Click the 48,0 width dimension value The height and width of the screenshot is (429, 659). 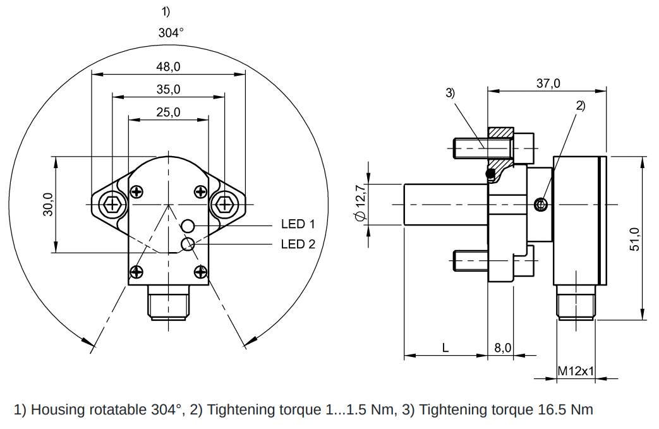click(x=169, y=66)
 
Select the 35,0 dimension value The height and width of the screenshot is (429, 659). click(x=169, y=89)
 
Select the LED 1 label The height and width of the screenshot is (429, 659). click(x=298, y=224)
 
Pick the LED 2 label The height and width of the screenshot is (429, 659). click(x=298, y=244)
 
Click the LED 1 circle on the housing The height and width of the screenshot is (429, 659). click(x=188, y=226)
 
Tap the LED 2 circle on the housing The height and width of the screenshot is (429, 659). click(x=188, y=244)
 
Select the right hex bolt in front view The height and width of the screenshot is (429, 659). click(x=224, y=204)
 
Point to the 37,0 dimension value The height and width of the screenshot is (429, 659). click(x=548, y=83)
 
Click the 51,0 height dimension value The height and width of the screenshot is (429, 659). click(x=635, y=239)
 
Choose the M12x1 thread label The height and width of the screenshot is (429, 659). click(x=576, y=371)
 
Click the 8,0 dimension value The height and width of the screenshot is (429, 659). click(x=502, y=347)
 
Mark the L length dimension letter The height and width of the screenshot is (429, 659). click(x=445, y=347)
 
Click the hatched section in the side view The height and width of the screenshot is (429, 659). click(x=500, y=134)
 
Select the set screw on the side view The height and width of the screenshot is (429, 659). click(x=540, y=204)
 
